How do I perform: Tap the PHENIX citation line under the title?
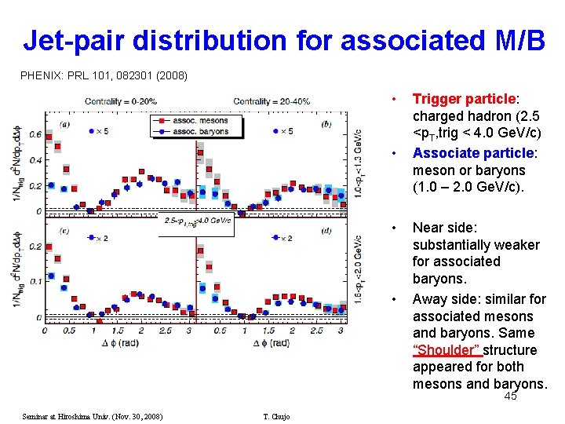pyautogui.click(x=104, y=76)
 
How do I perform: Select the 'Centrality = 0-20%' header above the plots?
pyautogui.click(x=121, y=101)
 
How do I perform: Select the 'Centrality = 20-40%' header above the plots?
pyautogui.click(x=272, y=101)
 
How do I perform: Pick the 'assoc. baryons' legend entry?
pyautogui.click(x=194, y=131)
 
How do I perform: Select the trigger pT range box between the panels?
pyautogui.click(x=196, y=221)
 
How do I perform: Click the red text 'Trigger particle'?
pyautogui.click(x=463, y=100)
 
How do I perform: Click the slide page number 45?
pyautogui.click(x=510, y=397)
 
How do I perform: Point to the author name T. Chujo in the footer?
pyautogui.click(x=276, y=416)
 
